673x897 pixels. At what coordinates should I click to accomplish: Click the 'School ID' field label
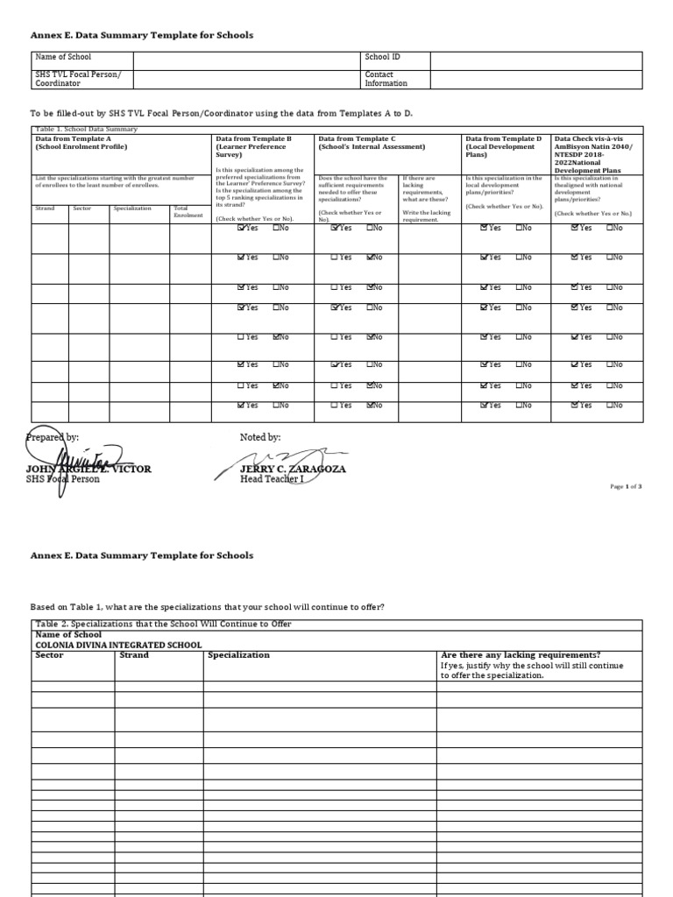tap(383, 57)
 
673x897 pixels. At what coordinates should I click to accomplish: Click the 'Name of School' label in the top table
tap(62, 57)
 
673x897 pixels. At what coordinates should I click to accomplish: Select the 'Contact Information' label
tap(386, 79)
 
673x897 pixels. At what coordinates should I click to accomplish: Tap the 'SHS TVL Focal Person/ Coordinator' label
tap(77, 79)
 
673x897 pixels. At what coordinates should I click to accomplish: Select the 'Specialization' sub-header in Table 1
tap(132, 208)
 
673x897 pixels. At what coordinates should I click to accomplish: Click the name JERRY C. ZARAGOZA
tap(293, 469)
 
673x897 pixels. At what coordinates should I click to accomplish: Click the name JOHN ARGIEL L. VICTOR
tap(89, 469)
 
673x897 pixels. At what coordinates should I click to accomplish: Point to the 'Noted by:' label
tap(260, 437)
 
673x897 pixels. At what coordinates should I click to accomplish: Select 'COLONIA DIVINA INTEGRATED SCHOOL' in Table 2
tap(118, 645)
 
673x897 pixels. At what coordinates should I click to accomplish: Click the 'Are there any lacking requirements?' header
tap(521, 655)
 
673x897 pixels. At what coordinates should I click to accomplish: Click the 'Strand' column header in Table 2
tap(133, 655)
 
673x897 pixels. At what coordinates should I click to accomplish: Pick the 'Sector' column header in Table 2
tap(49, 655)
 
